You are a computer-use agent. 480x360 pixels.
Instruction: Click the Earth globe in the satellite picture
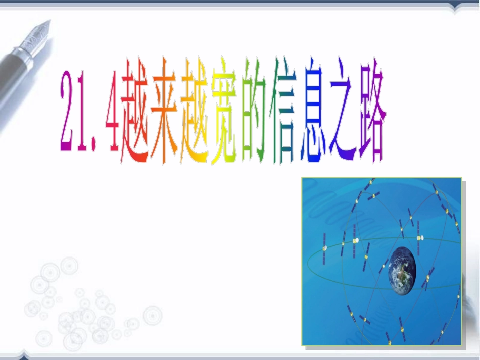coord(403,268)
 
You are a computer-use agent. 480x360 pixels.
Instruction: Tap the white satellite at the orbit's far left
coord(324,248)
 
